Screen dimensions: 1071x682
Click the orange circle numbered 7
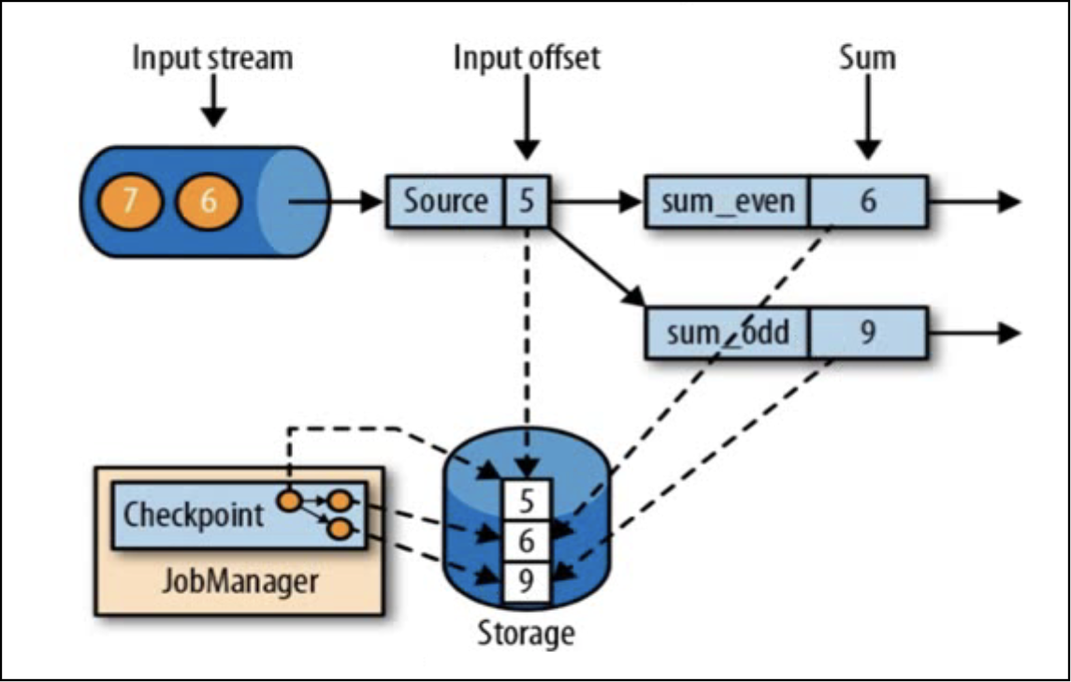point(130,201)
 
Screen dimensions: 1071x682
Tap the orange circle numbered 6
point(209,201)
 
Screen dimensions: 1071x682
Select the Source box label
point(445,201)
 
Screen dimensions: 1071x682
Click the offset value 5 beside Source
point(527,201)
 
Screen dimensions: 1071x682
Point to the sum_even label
point(728,201)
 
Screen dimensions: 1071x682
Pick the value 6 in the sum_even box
point(867,201)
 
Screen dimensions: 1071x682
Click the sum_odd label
point(728,333)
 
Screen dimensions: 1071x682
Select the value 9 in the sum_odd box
point(867,333)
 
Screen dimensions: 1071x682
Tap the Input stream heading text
point(212,58)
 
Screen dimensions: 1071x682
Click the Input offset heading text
point(527,58)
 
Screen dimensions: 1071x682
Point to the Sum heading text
point(867,58)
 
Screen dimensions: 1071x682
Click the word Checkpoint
point(194,514)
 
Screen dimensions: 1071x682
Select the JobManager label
point(239,582)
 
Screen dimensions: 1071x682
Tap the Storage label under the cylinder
point(526,632)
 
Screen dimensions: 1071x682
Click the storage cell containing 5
point(526,501)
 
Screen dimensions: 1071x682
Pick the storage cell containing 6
point(526,542)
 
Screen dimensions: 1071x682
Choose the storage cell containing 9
point(526,582)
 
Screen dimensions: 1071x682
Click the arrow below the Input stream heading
point(214,100)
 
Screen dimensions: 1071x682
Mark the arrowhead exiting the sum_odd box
point(1008,333)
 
